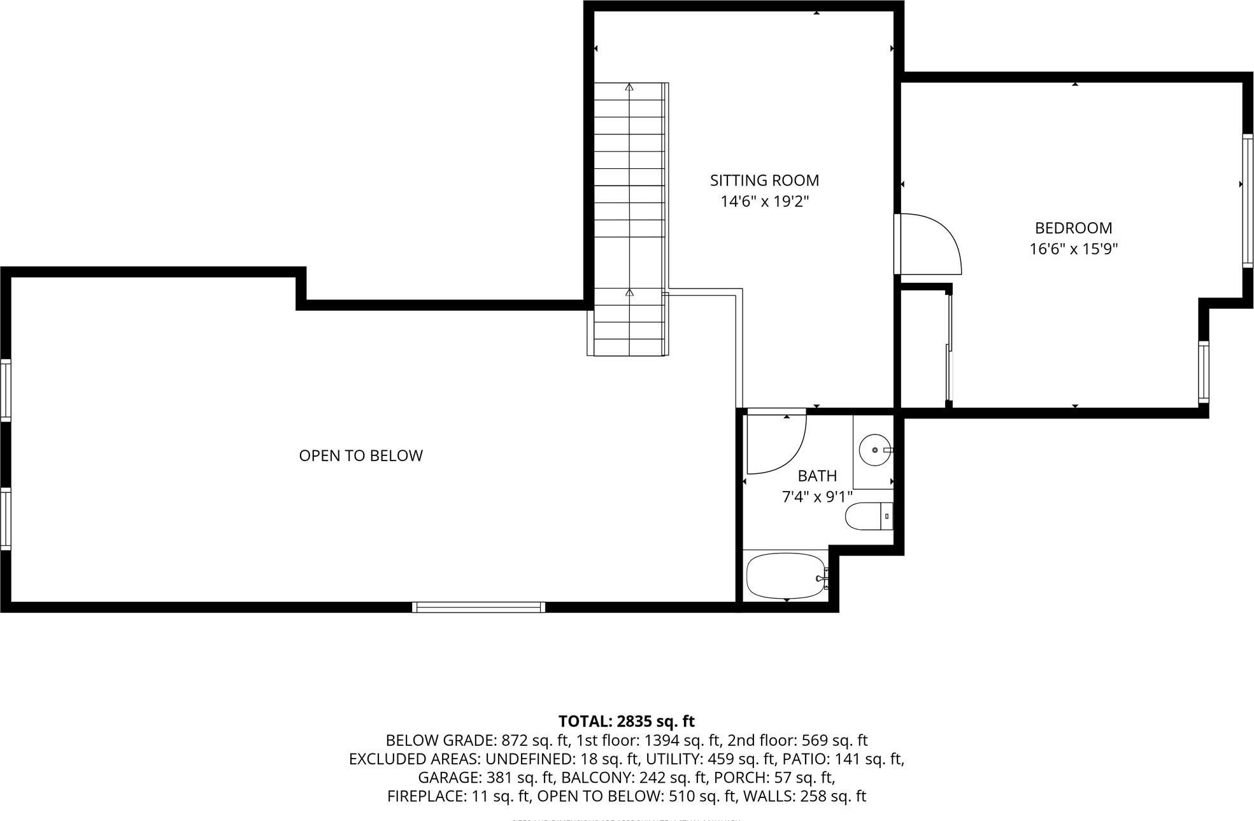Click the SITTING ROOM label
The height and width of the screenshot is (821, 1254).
click(x=764, y=180)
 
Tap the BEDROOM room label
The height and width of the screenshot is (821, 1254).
click(x=1073, y=228)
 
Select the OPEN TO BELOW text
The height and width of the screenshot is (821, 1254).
click(x=360, y=455)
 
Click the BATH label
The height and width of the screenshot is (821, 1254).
click(x=817, y=476)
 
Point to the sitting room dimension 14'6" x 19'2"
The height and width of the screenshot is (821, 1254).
click(x=764, y=202)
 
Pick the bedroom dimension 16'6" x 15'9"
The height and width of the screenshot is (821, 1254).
click(x=1073, y=249)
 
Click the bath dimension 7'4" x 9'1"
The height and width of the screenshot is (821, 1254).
click(x=817, y=497)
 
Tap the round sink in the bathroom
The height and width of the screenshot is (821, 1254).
click(x=874, y=450)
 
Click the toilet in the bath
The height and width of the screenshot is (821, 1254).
click(x=868, y=516)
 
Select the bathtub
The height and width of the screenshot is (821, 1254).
click(x=785, y=576)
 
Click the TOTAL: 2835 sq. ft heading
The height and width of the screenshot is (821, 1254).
click(x=626, y=721)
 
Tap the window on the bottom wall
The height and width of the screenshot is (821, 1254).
click(x=478, y=607)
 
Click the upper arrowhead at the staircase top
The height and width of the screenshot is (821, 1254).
click(x=629, y=87)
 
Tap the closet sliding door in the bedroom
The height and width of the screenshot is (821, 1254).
click(x=949, y=347)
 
